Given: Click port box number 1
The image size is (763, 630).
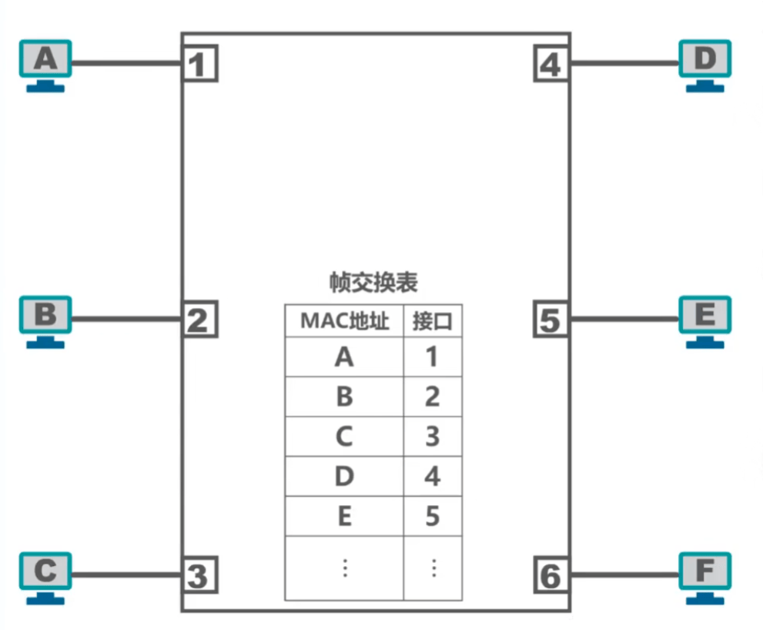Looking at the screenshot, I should pyautogui.click(x=199, y=64).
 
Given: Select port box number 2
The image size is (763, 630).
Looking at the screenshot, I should pyautogui.click(x=199, y=320).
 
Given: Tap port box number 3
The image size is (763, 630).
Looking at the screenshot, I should pyautogui.click(x=199, y=575).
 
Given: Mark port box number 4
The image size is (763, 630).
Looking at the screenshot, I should pyautogui.click(x=551, y=64).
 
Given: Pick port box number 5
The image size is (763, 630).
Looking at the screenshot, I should pyautogui.click(x=551, y=320).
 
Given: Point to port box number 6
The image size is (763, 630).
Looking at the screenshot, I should pyautogui.click(x=551, y=575).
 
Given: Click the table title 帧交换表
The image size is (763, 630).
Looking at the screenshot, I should pyautogui.click(x=373, y=283).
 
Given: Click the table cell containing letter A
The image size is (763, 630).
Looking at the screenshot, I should pyautogui.click(x=344, y=357).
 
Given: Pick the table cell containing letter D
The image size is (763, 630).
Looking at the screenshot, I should pyautogui.click(x=344, y=477).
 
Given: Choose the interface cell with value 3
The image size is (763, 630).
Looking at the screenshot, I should pyautogui.click(x=433, y=437).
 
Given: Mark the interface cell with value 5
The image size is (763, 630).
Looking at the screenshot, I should pyautogui.click(x=433, y=516).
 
